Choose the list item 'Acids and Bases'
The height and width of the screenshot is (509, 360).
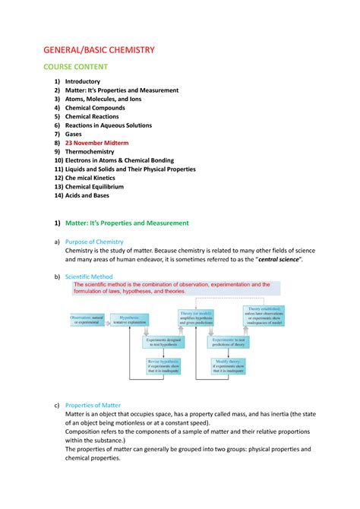(87, 195)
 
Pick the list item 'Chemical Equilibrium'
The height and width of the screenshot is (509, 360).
(97, 186)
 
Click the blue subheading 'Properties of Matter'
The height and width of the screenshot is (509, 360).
(99, 405)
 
